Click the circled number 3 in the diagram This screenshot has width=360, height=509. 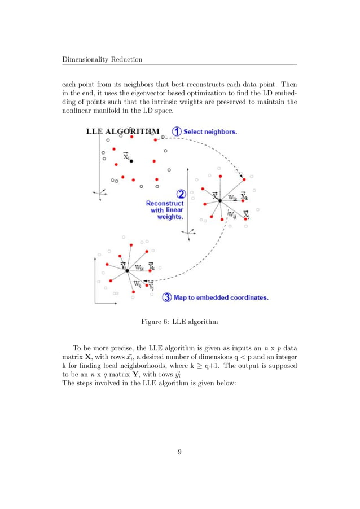click(166, 297)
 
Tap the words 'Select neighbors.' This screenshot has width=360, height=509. click(210, 131)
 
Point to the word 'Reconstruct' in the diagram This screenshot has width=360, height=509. click(165, 203)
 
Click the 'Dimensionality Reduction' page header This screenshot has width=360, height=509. click(102, 59)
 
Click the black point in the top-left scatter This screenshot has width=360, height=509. click(131, 161)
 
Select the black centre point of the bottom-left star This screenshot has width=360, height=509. click(128, 271)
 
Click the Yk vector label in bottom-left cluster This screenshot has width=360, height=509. click(151, 266)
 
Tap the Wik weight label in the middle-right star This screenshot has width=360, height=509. click(232, 198)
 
